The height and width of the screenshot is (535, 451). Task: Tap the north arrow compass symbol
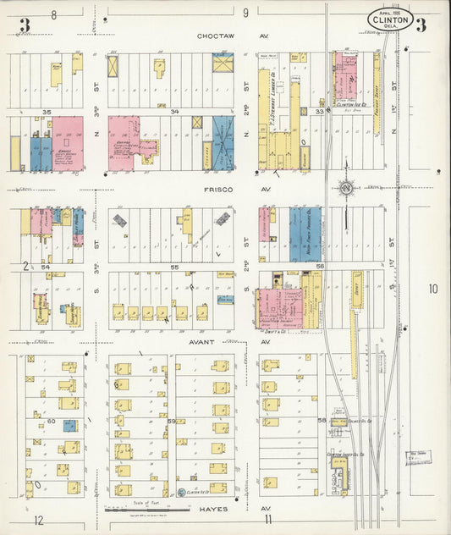(345, 187)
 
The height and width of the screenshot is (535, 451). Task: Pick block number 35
(47, 112)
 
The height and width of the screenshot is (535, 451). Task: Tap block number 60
(50, 421)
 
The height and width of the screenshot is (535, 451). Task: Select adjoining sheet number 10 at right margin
(432, 290)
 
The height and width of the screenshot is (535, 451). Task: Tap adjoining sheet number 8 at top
(53, 14)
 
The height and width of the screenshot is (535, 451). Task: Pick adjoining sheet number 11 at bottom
(268, 519)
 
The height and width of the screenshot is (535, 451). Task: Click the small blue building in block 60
(69, 426)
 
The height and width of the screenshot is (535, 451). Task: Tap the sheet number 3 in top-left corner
(25, 25)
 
